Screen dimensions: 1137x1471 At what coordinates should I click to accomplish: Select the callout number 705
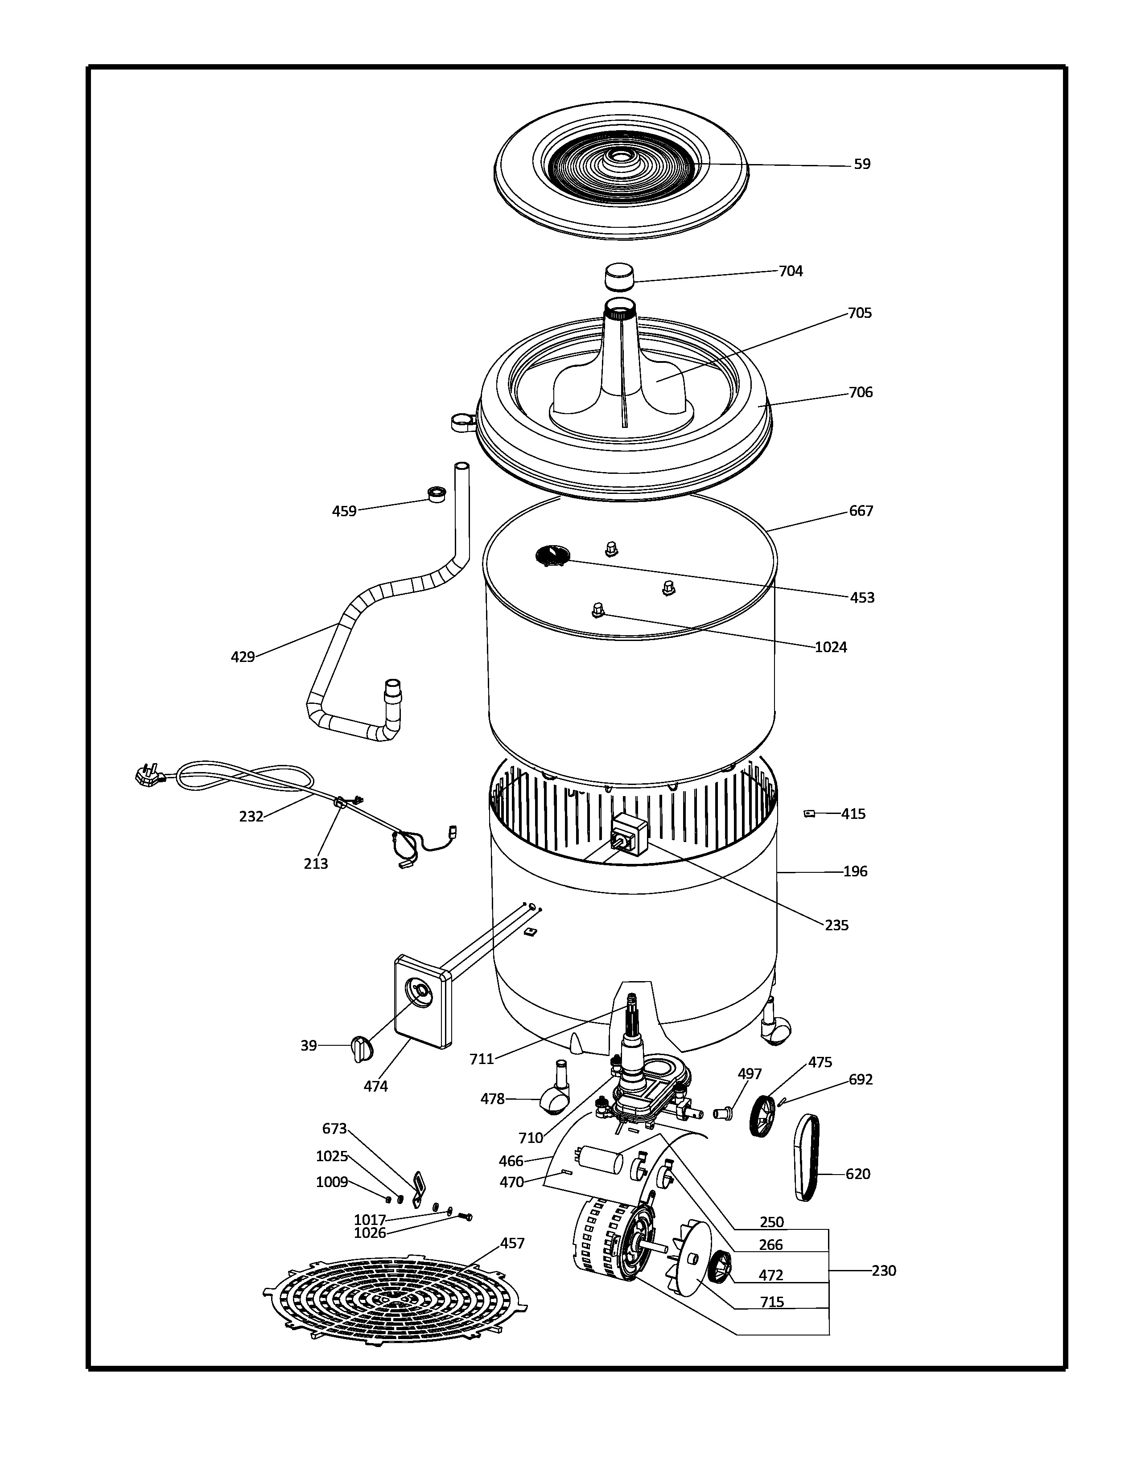pyautogui.click(x=860, y=313)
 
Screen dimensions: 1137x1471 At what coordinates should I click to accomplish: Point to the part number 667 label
pyautogui.click(x=861, y=511)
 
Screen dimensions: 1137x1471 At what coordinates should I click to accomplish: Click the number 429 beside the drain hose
pyautogui.click(x=243, y=657)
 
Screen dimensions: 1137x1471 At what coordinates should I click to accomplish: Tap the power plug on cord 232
pyautogui.click(x=149, y=776)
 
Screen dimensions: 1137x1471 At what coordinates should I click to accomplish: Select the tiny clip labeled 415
pyautogui.click(x=809, y=814)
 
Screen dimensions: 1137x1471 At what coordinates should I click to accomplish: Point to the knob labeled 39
pyautogui.click(x=361, y=1049)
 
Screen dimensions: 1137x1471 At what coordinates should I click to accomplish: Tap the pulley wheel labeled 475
pyautogui.click(x=762, y=1116)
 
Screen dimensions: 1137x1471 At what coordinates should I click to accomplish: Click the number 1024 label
pyautogui.click(x=831, y=647)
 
